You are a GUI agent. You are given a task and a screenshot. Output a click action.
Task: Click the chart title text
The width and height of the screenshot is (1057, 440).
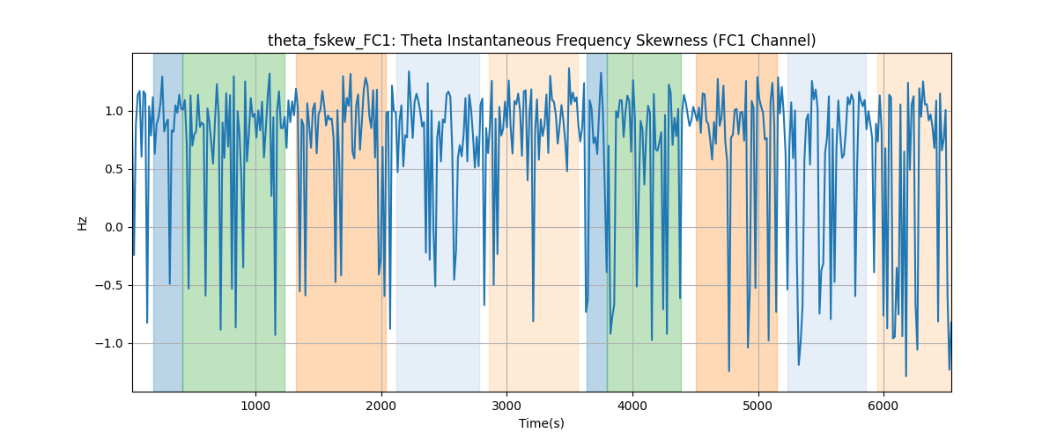pos(542,40)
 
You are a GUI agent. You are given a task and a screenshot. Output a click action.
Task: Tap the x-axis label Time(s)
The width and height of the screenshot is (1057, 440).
pos(542,423)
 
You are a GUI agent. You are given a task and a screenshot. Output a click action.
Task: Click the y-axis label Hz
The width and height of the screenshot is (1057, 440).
pos(83,224)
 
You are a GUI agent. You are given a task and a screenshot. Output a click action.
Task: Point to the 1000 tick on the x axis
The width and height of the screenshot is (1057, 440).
pos(255,406)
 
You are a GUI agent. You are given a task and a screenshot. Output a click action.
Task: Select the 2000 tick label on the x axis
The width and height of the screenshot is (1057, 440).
pos(381,406)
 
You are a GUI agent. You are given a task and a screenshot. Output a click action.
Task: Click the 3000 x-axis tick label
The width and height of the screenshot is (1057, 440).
pos(506,406)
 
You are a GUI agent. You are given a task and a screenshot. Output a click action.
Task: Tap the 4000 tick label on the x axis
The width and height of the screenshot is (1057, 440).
pos(632,406)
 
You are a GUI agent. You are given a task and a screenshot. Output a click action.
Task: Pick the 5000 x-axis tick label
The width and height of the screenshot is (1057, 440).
pos(758,406)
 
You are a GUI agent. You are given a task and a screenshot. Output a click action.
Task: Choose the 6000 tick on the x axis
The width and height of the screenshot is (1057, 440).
pos(883,406)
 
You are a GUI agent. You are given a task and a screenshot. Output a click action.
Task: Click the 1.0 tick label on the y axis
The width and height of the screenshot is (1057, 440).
pos(114,111)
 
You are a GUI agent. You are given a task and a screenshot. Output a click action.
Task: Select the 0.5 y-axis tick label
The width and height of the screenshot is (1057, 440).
pos(114,169)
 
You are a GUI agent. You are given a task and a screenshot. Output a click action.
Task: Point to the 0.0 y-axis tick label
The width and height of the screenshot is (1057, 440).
pos(114,227)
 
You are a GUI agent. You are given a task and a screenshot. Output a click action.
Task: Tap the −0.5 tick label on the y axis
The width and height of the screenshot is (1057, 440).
pos(109,285)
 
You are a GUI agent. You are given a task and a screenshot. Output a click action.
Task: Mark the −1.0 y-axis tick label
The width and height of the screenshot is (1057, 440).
pos(109,343)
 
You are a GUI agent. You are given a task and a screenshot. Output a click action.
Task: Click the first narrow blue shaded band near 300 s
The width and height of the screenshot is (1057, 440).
pos(168,223)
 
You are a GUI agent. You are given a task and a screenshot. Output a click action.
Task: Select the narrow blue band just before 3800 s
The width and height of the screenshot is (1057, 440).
pos(597,223)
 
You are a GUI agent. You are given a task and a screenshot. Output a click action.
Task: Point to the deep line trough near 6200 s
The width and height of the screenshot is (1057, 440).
pos(906,376)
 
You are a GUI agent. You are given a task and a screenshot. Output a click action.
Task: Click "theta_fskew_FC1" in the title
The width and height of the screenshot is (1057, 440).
pos(332,41)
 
